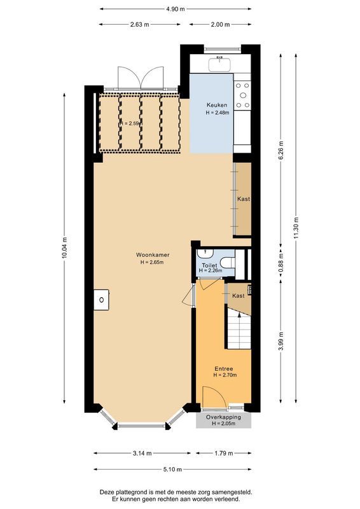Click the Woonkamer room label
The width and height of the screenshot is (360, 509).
[x=152, y=255]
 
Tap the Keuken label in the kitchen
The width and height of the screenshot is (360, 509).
[x=217, y=105]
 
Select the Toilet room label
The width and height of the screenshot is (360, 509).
[x=209, y=264]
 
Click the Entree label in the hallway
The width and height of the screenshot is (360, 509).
[x=223, y=368]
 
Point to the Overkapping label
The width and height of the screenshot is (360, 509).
[x=223, y=417]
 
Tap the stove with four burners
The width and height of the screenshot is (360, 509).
[x=242, y=95]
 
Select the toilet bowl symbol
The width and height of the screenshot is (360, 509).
[x=230, y=264]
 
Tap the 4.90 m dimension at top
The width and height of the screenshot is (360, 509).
[x=176, y=10]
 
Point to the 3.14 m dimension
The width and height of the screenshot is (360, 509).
[x=142, y=454]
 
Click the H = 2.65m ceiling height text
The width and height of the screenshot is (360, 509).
[x=152, y=263]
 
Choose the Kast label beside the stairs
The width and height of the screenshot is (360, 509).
[x=239, y=296]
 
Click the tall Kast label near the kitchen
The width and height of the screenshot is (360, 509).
[x=243, y=199]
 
